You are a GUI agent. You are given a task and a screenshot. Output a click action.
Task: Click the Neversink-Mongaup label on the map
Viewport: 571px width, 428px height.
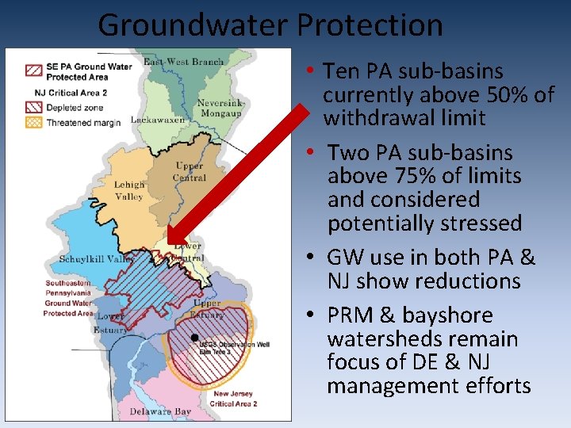click(221, 109)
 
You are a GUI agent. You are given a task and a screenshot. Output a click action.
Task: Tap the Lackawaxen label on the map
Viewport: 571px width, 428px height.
click(158, 120)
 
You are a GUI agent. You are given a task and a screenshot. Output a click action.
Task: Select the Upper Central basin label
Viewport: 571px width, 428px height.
click(190, 171)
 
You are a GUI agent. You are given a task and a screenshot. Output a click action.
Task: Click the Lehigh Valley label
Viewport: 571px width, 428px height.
click(129, 190)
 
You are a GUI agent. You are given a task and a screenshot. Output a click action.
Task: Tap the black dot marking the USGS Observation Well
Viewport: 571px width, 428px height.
click(195, 338)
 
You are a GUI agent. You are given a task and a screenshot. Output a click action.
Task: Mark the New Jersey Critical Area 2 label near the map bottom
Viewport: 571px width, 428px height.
click(234, 399)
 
